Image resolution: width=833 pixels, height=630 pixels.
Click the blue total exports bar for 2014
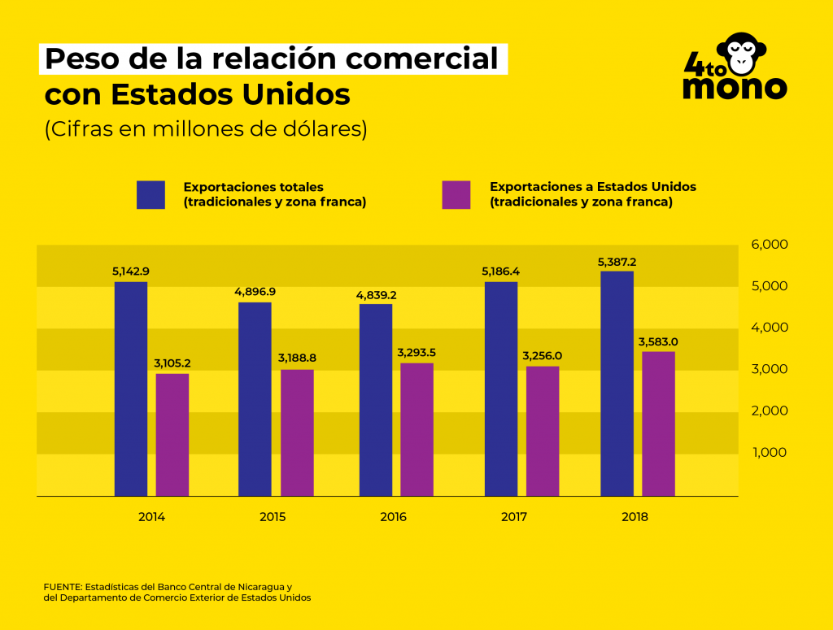pyautogui.click(x=130, y=389)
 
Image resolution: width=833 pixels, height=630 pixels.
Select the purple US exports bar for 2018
pyautogui.click(x=658, y=423)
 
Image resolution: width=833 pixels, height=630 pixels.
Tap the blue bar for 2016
pyautogui.click(x=376, y=399)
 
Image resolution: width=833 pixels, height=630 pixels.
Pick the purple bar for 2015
pyautogui.click(x=297, y=432)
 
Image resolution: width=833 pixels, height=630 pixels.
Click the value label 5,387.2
pyautogui.click(x=617, y=263)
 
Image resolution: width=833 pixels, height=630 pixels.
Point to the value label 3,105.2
pyautogui.click(x=172, y=363)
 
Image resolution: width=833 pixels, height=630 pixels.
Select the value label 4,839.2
pyautogui.click(x=376, y=294)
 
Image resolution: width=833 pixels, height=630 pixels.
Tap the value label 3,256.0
pyautogui.click(x=543, y=356)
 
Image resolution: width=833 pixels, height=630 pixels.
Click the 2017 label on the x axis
pyautogui.click(x=514, y=516)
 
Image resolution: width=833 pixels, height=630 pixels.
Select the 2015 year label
pyautogui.click(x=273, y=516)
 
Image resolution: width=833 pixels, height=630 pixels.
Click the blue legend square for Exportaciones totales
pyautogui.click(x=150, y=194)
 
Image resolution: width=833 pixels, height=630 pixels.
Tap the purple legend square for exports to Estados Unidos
pyautogui.click(x=456, y=194)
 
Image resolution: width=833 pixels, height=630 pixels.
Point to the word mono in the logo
pyautogui.click(x=734, y=86)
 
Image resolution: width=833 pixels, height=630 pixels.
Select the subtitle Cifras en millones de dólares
pyautogui.click(x=206, y=129)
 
